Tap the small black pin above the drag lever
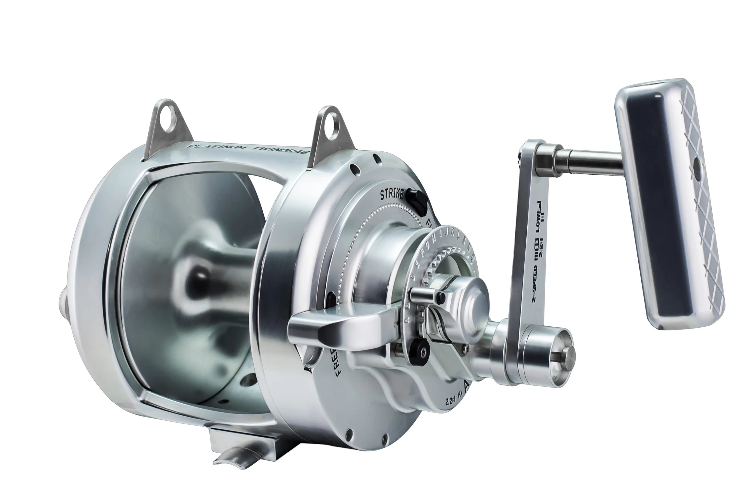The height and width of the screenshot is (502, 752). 442,297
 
